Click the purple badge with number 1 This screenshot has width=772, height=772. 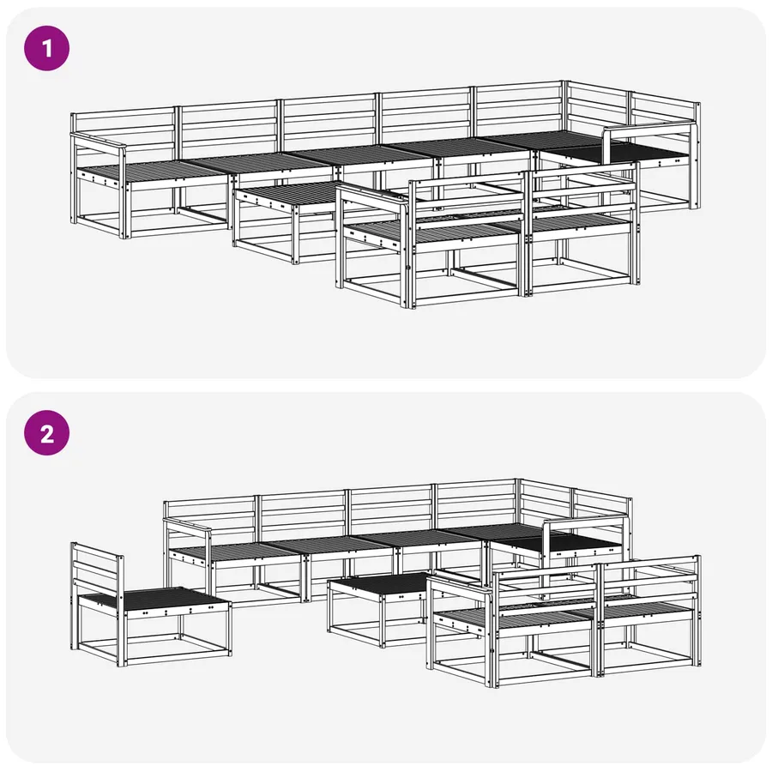coord(47,49)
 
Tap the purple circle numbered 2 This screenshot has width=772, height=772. coord(47,433)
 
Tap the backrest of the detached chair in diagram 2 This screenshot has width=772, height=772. coord(96,571)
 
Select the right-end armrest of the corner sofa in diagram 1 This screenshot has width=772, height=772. coord(650,128)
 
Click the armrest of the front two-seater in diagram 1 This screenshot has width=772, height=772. coord(373,196)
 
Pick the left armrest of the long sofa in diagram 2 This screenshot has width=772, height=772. coord(188,524)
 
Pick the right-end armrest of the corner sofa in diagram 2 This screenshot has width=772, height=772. coord(586,522)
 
